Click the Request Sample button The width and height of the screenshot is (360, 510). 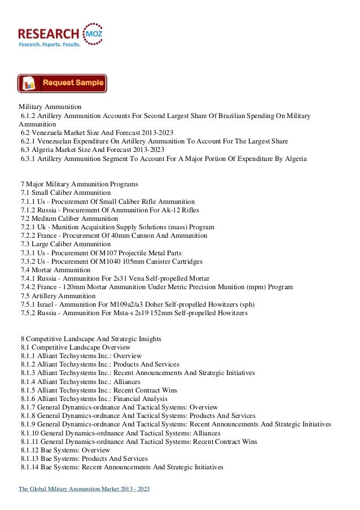coord(62,83)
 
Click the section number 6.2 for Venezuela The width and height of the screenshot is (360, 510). coord(26,133)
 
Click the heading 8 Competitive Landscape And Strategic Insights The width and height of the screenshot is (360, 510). coord(90,339)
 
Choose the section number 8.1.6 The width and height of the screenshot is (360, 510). coord(29,398)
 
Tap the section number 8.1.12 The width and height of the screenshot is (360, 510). coord(32,450)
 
